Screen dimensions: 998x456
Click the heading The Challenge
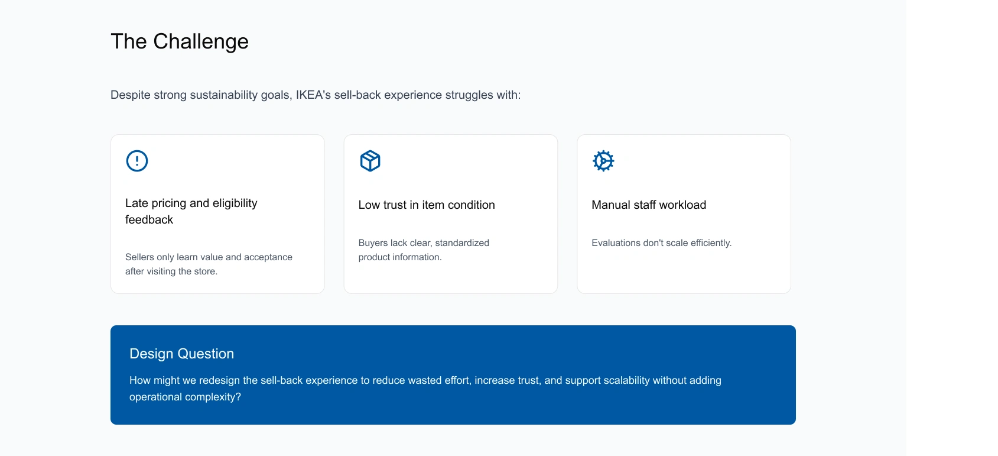[x=180, y=41]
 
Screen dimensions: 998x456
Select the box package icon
[x=370, y=161]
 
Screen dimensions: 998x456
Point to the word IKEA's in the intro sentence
[x=313, y=95]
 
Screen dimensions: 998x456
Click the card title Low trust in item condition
[x=427, y=205]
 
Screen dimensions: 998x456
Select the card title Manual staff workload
[x=649, y=205]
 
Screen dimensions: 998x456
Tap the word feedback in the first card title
[x=149, y=220]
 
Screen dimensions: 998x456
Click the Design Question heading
[x=181, y=354]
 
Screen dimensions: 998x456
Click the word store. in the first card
[x=206, y=271]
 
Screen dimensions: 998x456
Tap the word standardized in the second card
[x=462, y=243]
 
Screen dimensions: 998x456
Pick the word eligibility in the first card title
[x=235, y=203]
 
